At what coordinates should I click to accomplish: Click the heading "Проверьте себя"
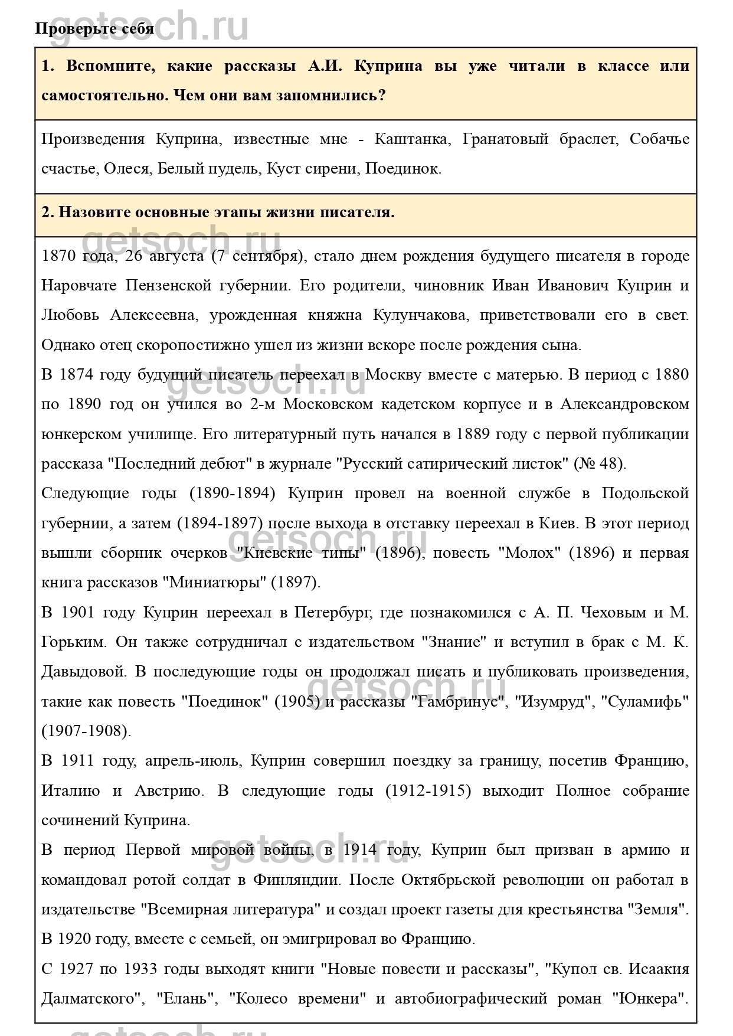94,28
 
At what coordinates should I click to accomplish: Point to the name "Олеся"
126,169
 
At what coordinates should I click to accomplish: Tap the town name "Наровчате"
77,286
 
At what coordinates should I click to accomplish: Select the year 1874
77,375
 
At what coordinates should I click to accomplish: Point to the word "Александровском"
624,404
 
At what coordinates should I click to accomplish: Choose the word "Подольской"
645,494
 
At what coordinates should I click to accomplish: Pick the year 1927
77,969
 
